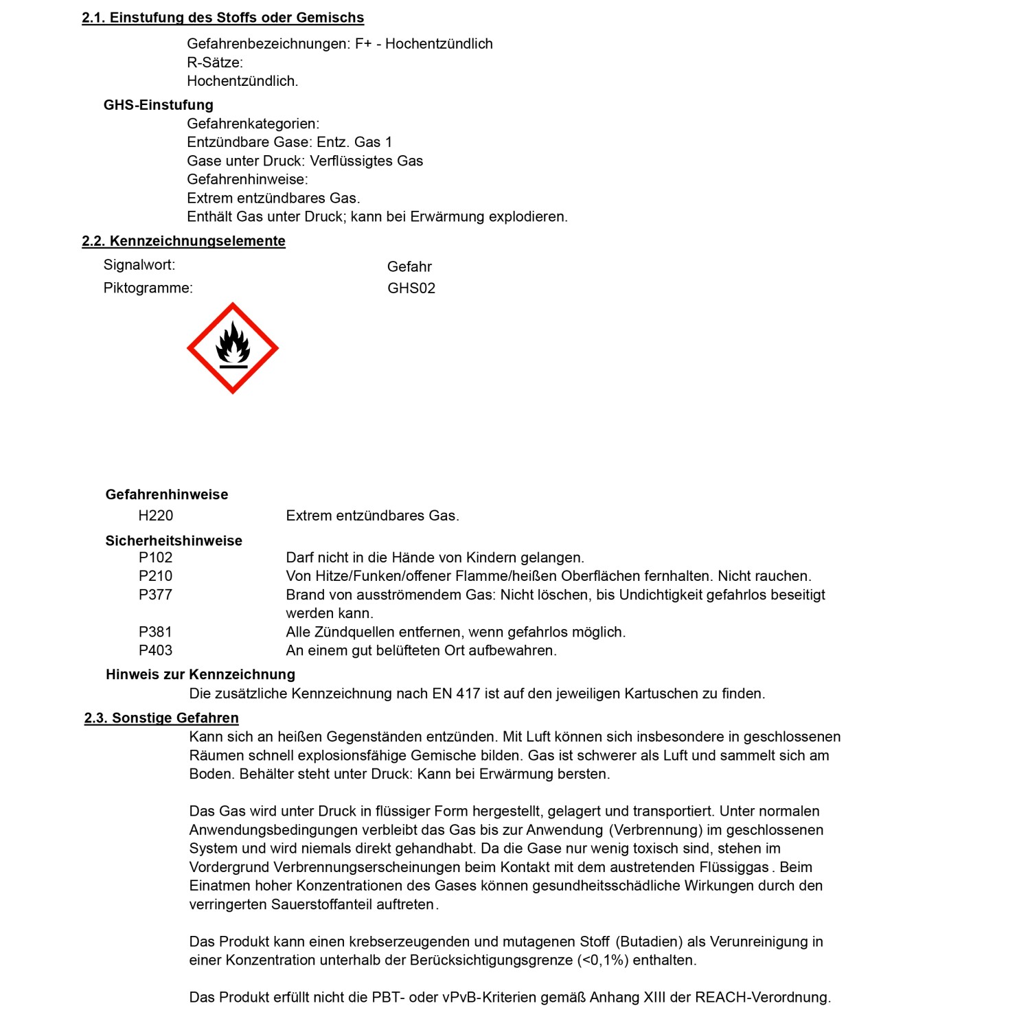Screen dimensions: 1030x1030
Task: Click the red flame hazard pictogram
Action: coord(233,348)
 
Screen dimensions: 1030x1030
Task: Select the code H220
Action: coord(156,516)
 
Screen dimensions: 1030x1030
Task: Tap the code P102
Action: coord(156,558)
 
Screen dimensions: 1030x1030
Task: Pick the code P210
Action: coord(156,576)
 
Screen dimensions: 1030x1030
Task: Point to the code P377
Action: coord(156,595)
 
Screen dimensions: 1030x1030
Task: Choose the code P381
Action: coord(156,632)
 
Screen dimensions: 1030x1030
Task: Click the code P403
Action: coord(156,650)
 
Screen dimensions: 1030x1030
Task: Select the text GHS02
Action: coord(411,288)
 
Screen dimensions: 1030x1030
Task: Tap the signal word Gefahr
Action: coord(409,266)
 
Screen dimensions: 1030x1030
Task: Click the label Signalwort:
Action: coord(139,265)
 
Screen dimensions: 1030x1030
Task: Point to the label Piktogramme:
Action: coord(148,288)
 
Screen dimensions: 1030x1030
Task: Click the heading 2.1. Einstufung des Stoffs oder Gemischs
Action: coord(222,18)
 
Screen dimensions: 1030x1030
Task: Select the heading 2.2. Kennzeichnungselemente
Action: coord(183,241)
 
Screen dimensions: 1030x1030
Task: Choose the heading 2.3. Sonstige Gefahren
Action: coord(161,718)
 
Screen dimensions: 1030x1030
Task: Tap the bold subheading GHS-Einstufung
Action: coord(159,105)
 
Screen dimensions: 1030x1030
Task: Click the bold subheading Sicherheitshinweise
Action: coord(174,541)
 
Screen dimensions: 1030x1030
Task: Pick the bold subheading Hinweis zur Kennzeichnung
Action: coord(201,674)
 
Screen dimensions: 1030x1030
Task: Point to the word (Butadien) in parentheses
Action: coord(649,941)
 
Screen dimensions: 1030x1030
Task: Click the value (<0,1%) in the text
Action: coord(603,960)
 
